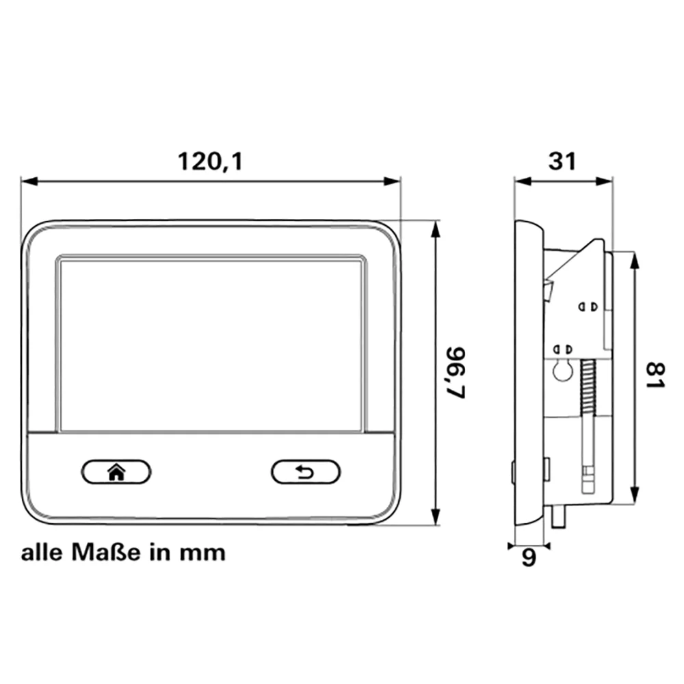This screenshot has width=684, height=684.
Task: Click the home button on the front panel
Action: (116, 472)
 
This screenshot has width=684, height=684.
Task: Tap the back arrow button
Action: (305, 472)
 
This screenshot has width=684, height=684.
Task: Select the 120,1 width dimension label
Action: (210, 162)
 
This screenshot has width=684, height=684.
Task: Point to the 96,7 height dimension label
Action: (456, 373)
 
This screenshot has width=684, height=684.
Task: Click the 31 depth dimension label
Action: (562, 161)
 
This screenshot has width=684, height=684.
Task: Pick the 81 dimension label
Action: (656, 375)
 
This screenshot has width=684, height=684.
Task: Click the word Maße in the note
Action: (106, 552)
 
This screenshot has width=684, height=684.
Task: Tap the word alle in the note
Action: (42, 552)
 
